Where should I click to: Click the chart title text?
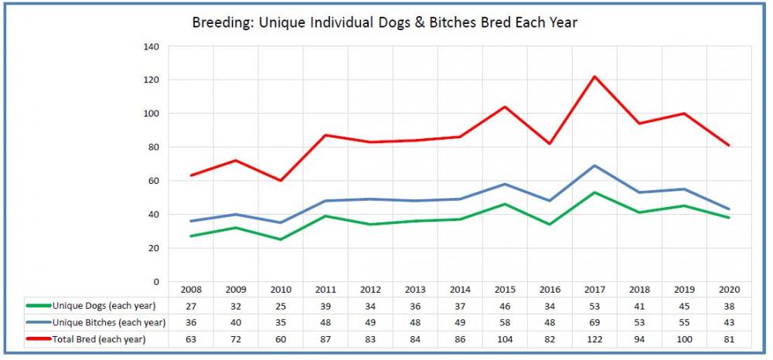384,22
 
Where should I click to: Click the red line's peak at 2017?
594,76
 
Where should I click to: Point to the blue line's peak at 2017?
594,165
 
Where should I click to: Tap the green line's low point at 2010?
280,239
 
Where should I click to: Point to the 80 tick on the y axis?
153,147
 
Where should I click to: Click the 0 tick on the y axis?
155,281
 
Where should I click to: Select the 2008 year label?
190,290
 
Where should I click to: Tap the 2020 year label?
729,290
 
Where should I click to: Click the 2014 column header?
460,290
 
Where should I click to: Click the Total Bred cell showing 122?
594,338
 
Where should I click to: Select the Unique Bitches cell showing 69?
594,322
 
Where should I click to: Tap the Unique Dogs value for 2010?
280,306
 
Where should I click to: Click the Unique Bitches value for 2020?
729,322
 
